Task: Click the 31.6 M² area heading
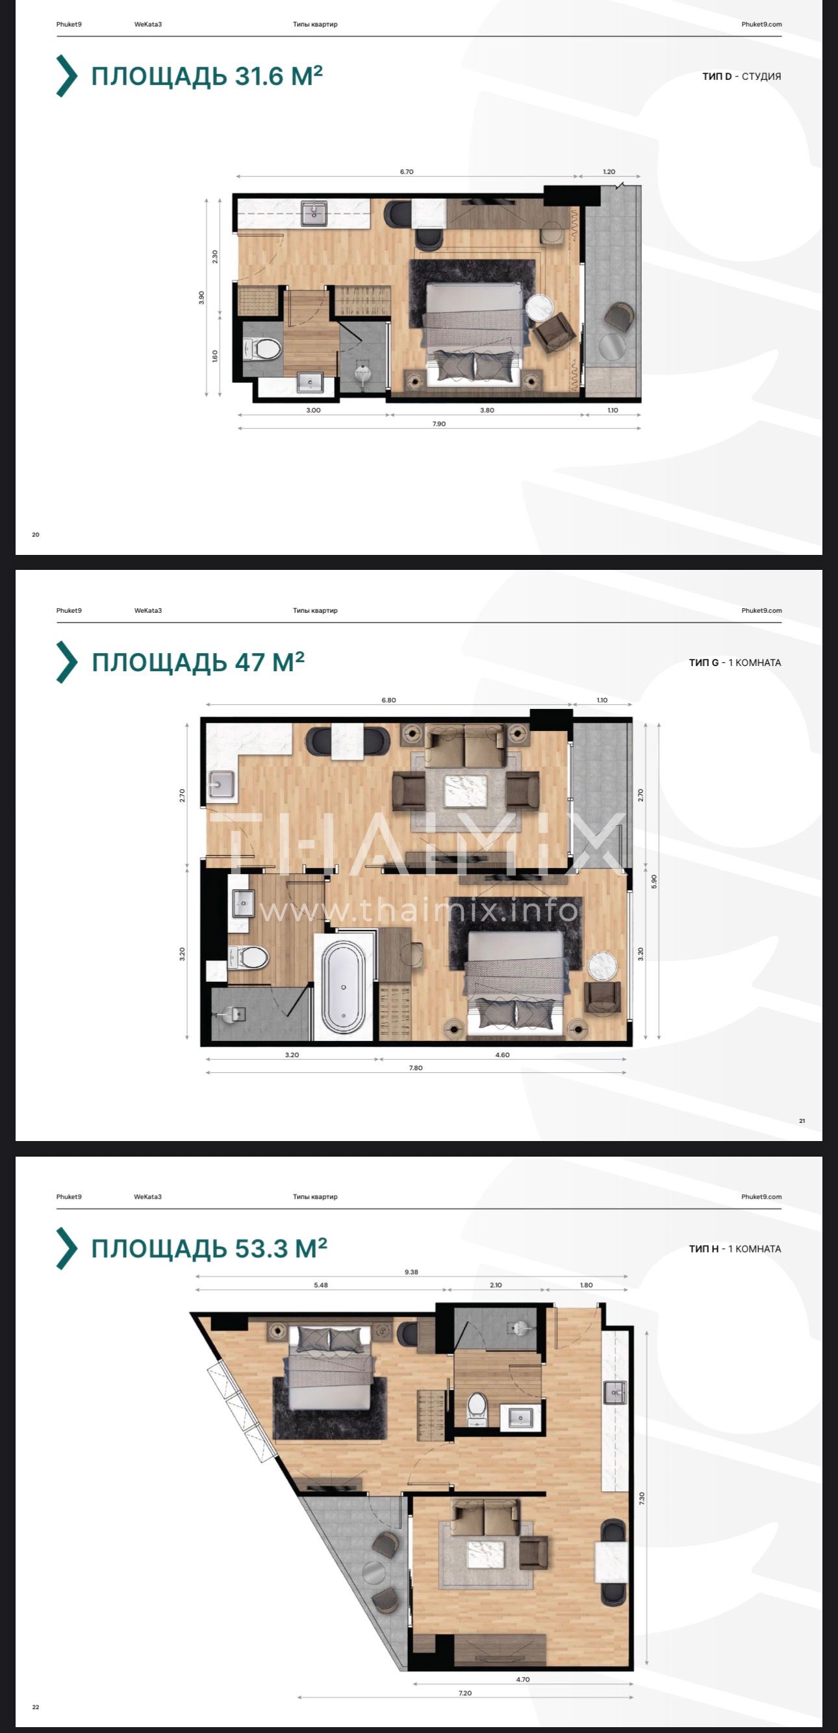click(207, 76)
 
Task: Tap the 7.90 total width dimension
click(438, 424)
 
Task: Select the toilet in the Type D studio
click(264, 350)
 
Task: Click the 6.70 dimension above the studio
click(407, 172)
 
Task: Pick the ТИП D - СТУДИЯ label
click(742, 77)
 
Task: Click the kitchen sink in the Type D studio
click(312, 213)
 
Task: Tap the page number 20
click(36, 535)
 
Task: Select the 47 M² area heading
click(198, 663)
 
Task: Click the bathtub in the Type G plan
click(344, 987)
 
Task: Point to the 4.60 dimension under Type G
click(502, 1055)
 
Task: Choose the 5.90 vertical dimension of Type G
click(654, 880)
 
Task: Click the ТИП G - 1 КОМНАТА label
click(735, 663)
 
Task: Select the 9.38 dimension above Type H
click(412, 1272)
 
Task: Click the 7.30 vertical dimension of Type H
click(642, 1498)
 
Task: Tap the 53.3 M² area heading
click(209, 1249)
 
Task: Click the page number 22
click(36, 1708)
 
